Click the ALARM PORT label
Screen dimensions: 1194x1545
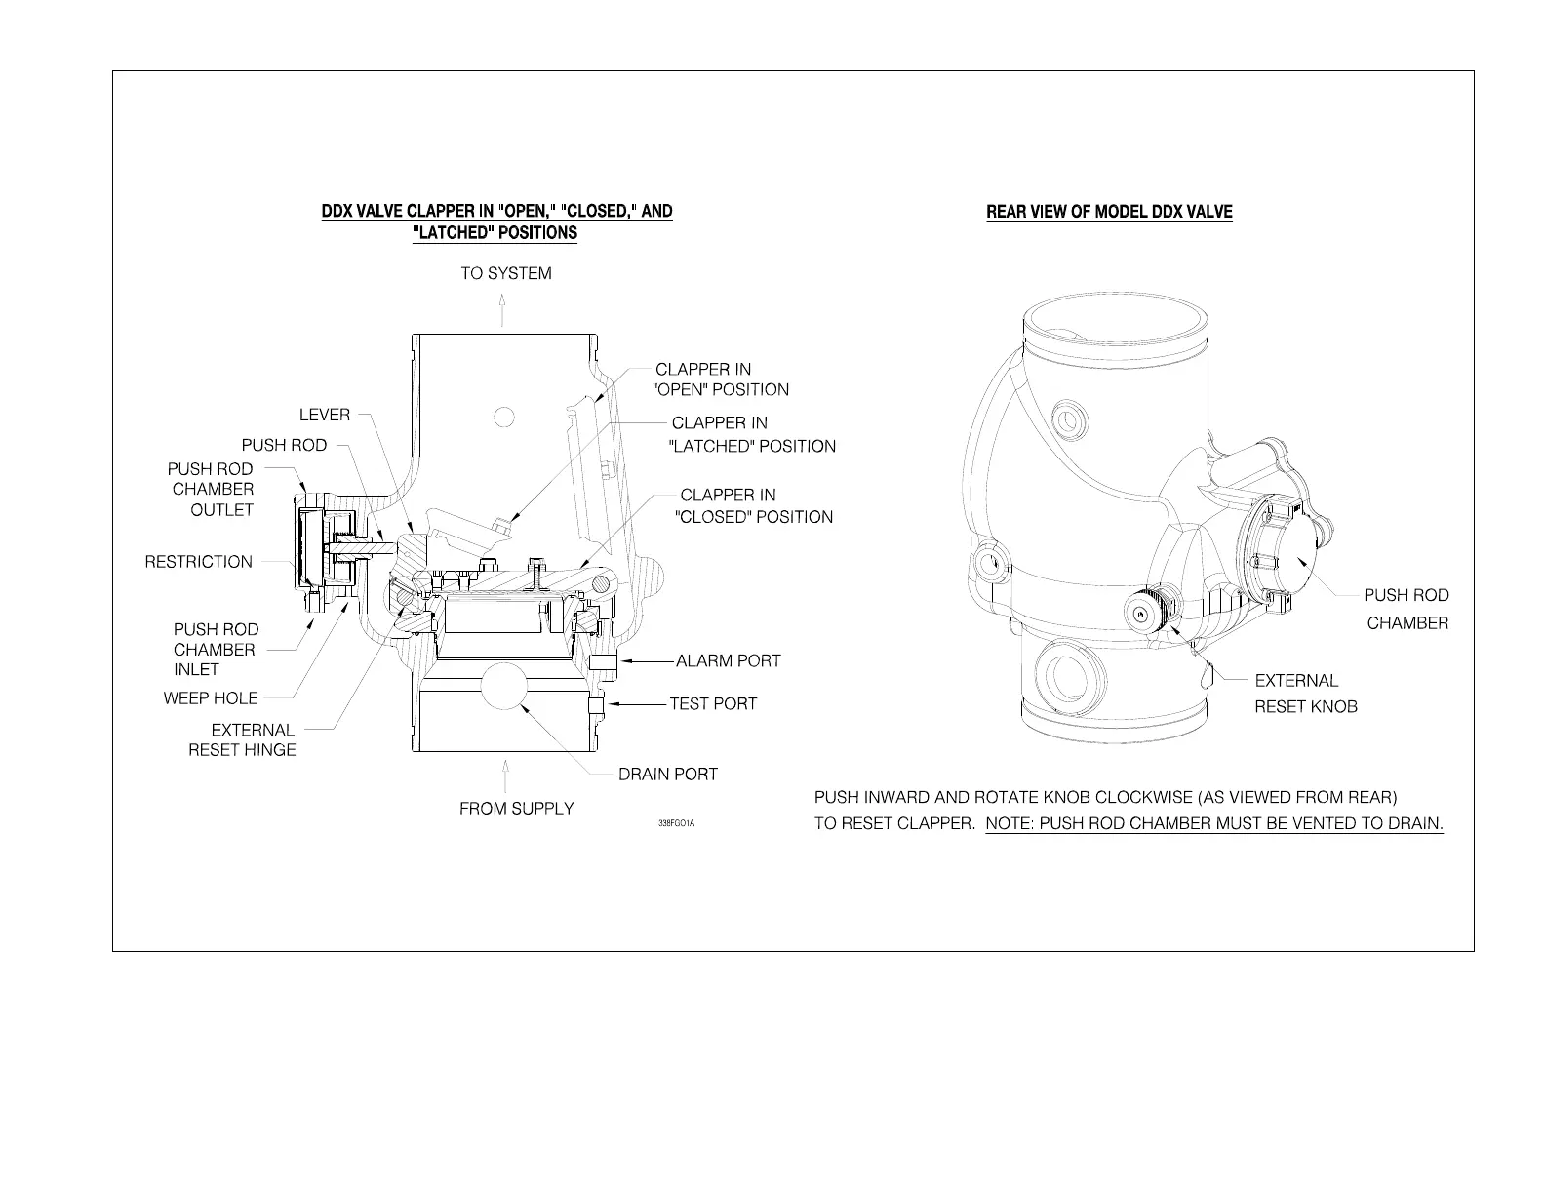(728, 661)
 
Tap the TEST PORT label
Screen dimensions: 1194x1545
(712, 704)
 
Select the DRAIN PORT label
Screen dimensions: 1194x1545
(667, 775)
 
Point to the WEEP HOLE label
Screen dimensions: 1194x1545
(211, 698)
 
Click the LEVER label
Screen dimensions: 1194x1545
(325, 415)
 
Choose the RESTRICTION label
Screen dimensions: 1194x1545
(199, 562)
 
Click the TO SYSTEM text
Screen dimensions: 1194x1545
(505, 274)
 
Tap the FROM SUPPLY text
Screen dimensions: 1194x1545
(516, 809)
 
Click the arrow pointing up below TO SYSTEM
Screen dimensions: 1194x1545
(503, 311)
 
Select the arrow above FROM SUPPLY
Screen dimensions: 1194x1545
(504, 777)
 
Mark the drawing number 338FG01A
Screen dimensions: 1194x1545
(676, 824)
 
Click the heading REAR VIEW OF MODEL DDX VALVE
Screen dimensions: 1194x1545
(1109, 212)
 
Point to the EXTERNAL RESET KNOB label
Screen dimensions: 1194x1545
(1305, 694)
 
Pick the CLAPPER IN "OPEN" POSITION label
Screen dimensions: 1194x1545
(720, 379)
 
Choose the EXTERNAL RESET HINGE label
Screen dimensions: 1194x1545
(243, 739)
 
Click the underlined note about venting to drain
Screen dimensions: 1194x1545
(1214, 823)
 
